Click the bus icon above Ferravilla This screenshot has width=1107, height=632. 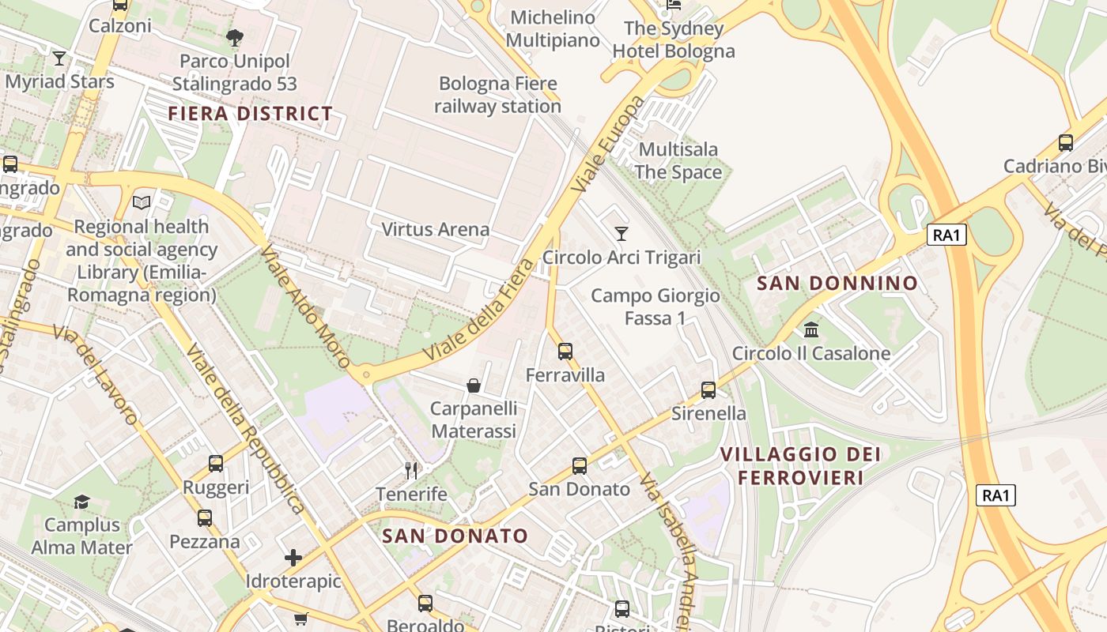(565, 352)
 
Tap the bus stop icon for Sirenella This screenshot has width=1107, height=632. (708, 390)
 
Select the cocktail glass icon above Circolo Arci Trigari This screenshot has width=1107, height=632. (622, 234)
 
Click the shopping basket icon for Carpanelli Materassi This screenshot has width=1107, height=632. (473, 386)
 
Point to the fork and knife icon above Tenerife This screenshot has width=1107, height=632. (411, 471)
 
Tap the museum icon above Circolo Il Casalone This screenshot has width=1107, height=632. (811, 329)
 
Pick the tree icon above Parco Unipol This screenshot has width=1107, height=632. (235, 37)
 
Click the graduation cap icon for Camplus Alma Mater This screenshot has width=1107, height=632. (81, 502)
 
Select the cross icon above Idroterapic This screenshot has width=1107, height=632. (293, 558)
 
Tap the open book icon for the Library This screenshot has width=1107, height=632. (142, 203)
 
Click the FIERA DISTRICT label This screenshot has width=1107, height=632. (250, 114)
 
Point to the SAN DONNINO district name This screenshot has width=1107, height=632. (837, 284)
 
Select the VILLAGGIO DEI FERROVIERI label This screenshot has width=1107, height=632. (800, 466)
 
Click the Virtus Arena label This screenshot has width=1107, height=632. (436, 230)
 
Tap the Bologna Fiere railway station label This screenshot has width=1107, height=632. (499, 95)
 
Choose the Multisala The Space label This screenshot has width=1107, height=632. (678, 160)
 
